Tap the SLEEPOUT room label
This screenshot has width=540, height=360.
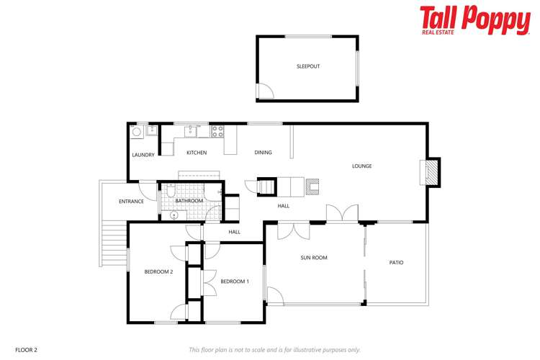pos(308,66)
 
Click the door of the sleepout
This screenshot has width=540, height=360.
pos(266,91)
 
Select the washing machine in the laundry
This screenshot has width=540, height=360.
pos(137,132)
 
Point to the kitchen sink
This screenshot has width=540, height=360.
pos(190,130)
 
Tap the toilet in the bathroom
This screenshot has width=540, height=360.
pos(168,192)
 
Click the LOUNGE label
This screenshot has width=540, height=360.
pos(361,166)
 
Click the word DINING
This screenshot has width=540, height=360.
pos(263,153)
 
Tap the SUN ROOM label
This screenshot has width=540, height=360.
pos(314,258)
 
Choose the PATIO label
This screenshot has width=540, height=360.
pos(396,262)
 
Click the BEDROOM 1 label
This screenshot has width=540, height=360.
pos(235,281)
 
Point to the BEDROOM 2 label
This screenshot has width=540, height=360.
pos(158,271)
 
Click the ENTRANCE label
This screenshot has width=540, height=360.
pos(131,202)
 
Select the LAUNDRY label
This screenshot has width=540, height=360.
pos(143,155)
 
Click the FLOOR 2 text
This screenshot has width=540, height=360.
pos(26,350)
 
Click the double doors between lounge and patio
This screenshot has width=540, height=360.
pos(341,214)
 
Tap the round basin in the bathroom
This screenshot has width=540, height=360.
pos(174,215)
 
